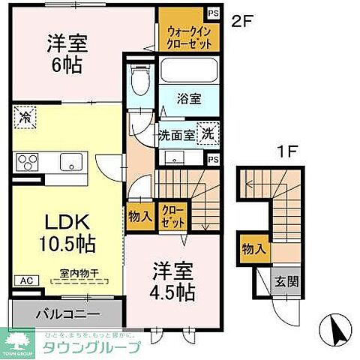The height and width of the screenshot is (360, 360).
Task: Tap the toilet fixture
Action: click(x=137, y=77)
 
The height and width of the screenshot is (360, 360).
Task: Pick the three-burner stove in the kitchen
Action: click(x=28, y=160)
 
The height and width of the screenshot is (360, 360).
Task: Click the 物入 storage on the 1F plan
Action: click(x=253, y=248)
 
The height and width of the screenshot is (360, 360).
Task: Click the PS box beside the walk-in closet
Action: click(x=214, y=13)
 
